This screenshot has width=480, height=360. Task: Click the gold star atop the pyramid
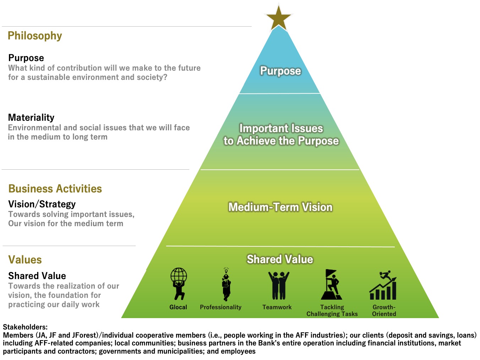click(x=278, y=18)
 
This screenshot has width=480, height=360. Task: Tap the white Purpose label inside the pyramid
click(x=280, y=71)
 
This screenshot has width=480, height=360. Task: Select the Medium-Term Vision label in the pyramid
click(x=280, y=207)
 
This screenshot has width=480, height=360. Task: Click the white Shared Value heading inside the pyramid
click(x=280, y=259)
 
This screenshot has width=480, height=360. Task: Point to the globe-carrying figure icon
click(x=179, y=284)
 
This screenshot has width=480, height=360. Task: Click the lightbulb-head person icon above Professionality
click(x=226, y=284)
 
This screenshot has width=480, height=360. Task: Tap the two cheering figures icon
click(x=279, y=285)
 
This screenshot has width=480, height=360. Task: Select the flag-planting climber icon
click(x=332, y=284)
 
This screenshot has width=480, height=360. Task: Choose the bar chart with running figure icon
click(x=383, y=285)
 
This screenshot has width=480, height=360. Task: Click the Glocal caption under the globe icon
click(x=178, y=307)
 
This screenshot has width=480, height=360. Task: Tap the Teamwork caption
click(x=277, y=307)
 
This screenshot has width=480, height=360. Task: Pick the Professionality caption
click(x=220, y=307)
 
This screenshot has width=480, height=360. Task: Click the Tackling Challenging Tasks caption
click(x=332, y=311)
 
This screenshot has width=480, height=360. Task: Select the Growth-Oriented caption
click(x=384, y=311)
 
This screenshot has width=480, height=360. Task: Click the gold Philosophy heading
click(x=35, y=36)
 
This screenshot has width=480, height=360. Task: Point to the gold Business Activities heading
click(x=55, y=189)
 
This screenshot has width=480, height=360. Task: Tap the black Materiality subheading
click(x=31, y=118)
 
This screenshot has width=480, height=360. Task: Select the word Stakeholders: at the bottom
click(x=25, y=327)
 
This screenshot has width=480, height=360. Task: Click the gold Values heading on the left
click(x=25, y=260)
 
